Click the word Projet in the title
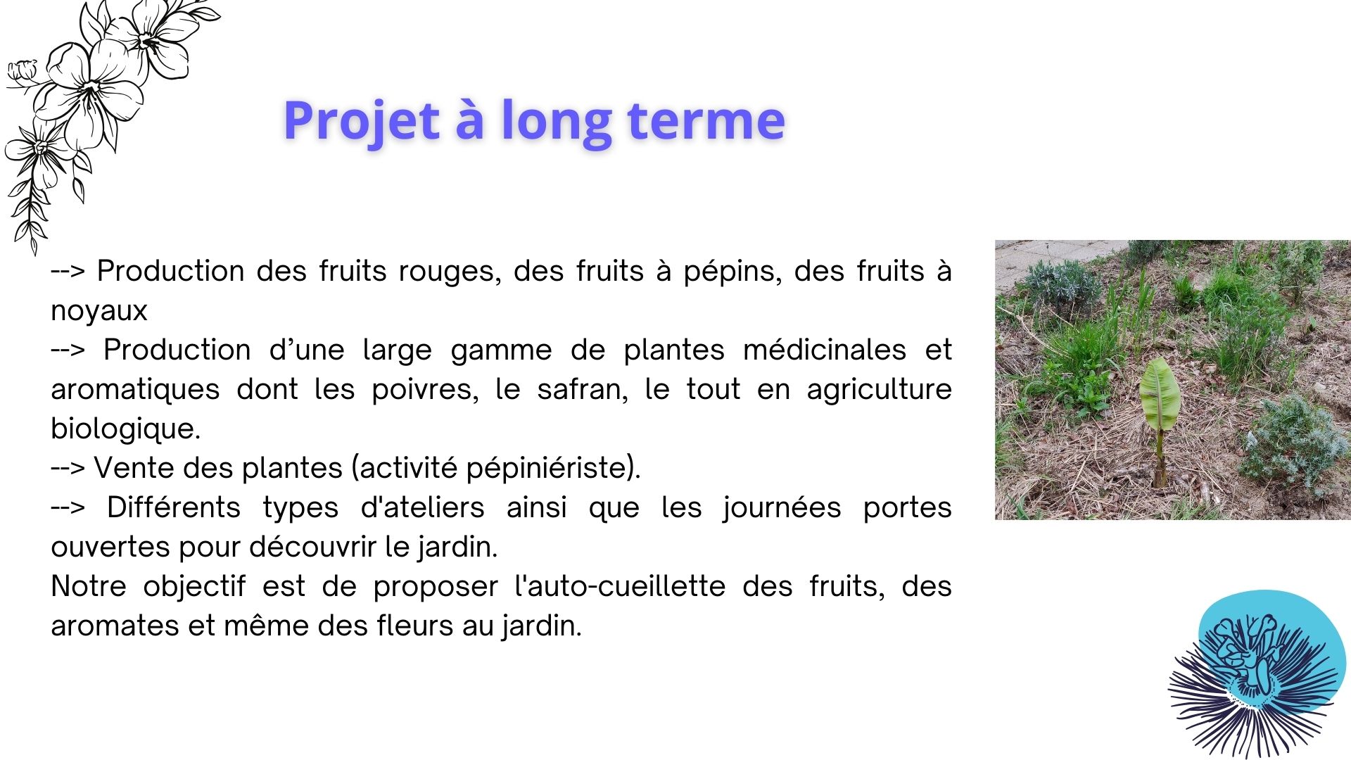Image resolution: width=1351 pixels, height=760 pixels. [361, 121]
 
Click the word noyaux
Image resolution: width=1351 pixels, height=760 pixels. [99, 311]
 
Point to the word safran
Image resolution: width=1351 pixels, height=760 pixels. [582, 390]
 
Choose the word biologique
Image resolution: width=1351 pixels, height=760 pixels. [125, 429]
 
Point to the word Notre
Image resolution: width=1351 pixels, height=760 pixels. [88, 587]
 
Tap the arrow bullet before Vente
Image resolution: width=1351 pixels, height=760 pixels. [68, 469]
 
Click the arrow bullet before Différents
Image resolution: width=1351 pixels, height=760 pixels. [68, 507]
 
